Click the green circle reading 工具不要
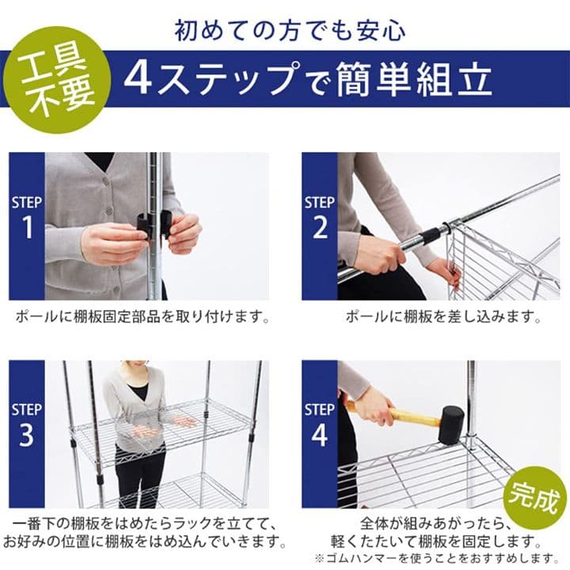coord(58,80)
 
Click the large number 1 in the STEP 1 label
coord(27,227)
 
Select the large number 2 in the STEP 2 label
coord(320,227)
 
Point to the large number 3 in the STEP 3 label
coord(27,435)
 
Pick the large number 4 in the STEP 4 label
coord(320,435)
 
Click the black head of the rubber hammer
coord(451,425)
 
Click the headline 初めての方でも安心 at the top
coord(290,31)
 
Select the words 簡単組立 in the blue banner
coord(414,79)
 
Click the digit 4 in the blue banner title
coord(138,79)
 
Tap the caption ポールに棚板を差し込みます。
coord(443,317)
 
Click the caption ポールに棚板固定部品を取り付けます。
coord(143,317)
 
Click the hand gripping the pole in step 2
coord(386,256)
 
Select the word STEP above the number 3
coord(27,409)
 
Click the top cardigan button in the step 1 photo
coord(107,180)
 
